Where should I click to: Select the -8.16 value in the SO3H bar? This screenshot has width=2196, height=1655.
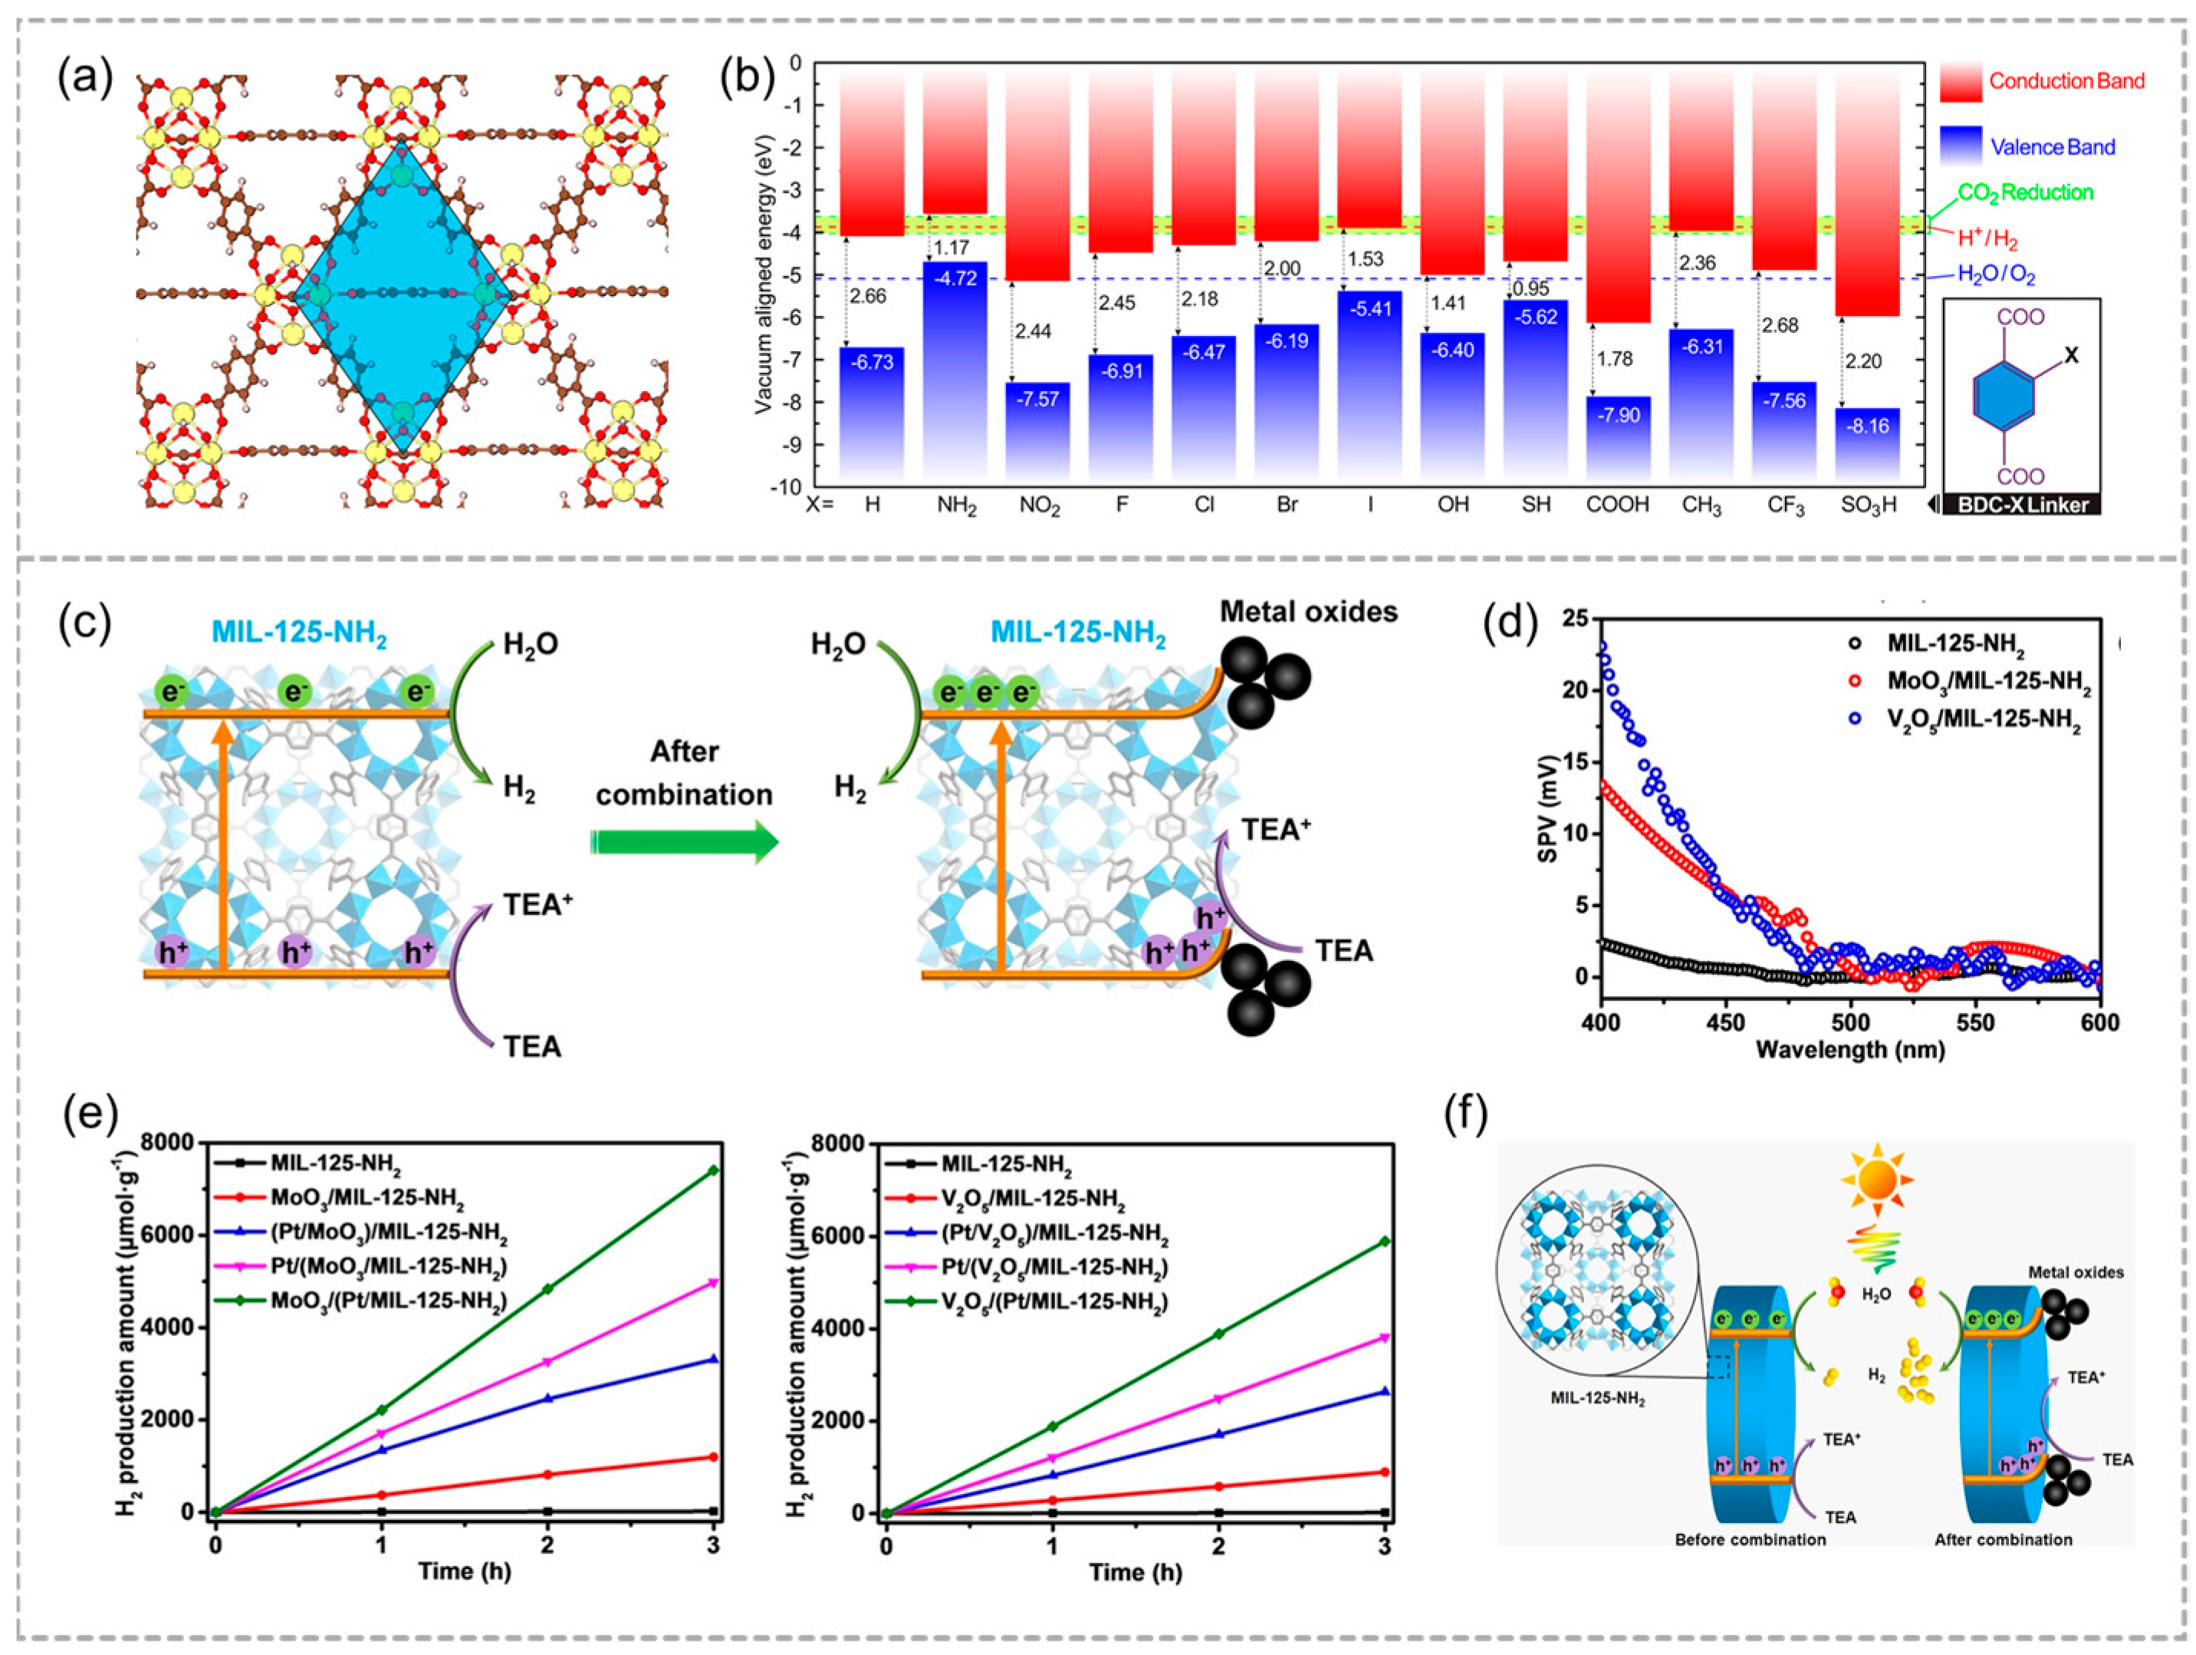coord(1867,426)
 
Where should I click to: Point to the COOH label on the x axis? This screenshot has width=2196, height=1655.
coord(1617,505)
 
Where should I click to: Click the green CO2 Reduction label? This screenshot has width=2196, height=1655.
coord(2025,192)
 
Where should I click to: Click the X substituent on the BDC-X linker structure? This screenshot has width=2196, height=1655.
coord(2071,355)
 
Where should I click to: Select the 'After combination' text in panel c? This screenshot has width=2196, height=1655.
coord(684,772)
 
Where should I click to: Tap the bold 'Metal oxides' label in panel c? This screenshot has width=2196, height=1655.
coord(1308,611)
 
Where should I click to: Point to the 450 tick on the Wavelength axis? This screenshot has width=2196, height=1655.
coord(1727,1022)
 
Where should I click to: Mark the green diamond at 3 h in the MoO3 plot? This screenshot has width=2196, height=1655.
coord(713,1170)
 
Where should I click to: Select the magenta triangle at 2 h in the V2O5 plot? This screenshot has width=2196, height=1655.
coord(1218,1399)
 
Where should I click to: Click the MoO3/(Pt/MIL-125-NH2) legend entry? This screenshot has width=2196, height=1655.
coord(388,1301)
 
